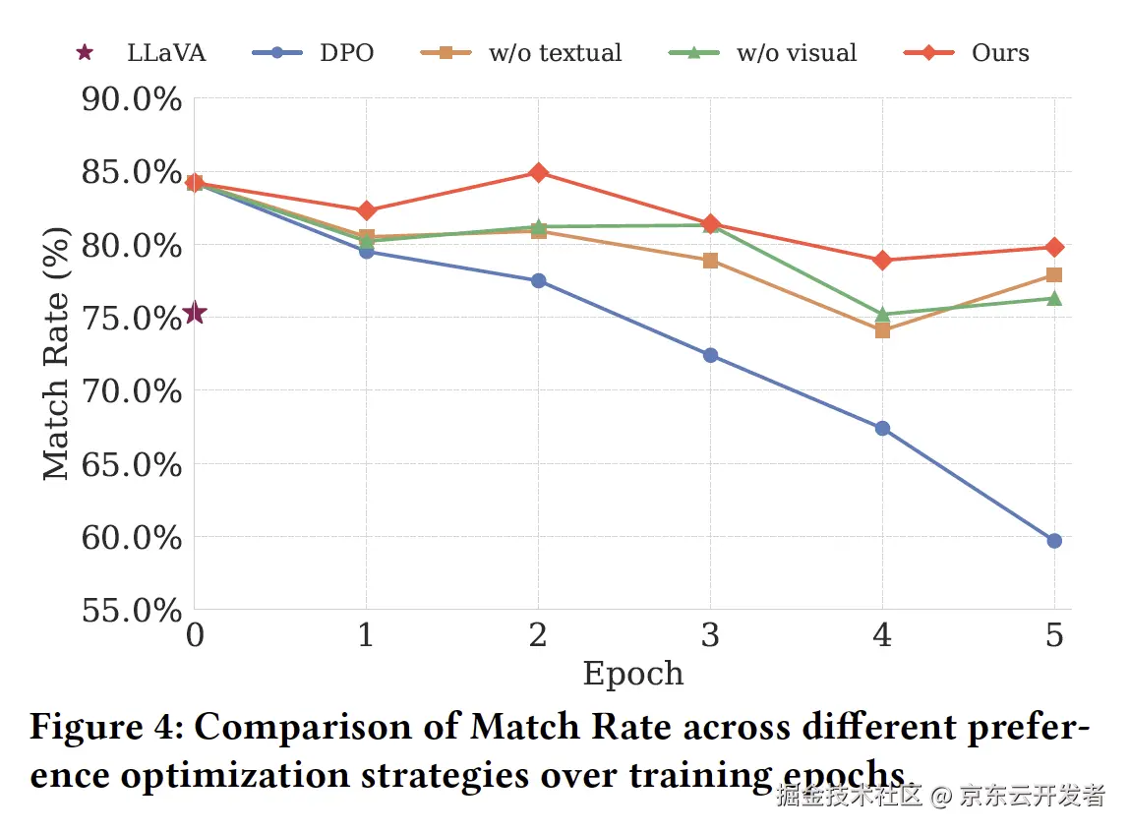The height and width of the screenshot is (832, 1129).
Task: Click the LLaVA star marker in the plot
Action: click(x=195, y=313)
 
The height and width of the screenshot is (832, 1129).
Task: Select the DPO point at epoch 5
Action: click(x=1054, y=541)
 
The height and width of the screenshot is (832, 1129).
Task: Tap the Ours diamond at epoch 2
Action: click(x=538, y=173)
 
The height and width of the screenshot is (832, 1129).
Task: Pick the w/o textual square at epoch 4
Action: click(x=882, y=330)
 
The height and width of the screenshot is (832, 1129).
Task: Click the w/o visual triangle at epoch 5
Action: click(x=1054, y=298)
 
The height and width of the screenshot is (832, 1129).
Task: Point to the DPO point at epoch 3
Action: click(x=710, y=355)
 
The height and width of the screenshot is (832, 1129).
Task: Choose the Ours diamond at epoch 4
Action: click(x=882, y=261)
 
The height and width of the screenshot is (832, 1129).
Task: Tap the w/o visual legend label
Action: click(x=797, y=53)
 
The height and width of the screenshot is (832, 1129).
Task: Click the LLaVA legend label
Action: click(x=166, y=53)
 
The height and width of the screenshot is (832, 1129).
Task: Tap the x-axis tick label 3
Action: click(x=710, y=635)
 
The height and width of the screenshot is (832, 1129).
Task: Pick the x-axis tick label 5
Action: click(x=1054, y=635)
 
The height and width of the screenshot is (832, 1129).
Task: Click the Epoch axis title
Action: click(x=632, y=674)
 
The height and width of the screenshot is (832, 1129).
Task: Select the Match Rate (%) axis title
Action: click(x=57, y=354)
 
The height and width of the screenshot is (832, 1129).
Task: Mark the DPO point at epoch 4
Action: click(x=882, y=429)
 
